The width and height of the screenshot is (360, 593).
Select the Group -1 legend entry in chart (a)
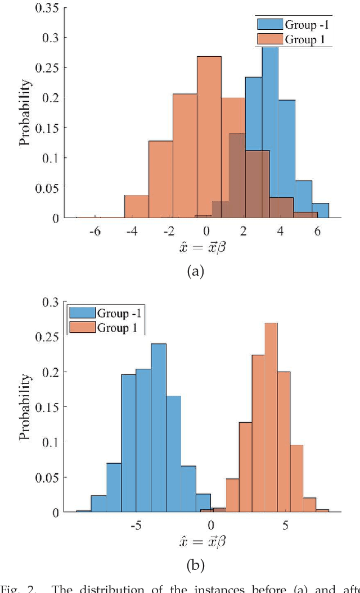tap(293, 24)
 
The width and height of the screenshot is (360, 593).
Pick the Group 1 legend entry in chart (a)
tap(293, 39)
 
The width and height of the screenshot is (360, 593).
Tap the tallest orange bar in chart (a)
tap(209, 135)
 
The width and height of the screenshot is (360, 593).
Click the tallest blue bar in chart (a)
tap(270, 129)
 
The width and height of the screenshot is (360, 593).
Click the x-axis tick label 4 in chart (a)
tap(281, 232)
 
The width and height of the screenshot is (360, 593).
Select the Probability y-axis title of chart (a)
tap(25, 113)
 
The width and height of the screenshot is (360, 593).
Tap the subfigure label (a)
tap(195, 271)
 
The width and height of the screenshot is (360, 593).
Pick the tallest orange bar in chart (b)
tap(271, 416)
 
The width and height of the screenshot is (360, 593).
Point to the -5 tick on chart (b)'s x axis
tap(136, 526)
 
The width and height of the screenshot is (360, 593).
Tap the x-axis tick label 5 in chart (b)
tap(285, 526)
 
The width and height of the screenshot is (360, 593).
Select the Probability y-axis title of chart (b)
tap(25, 408)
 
